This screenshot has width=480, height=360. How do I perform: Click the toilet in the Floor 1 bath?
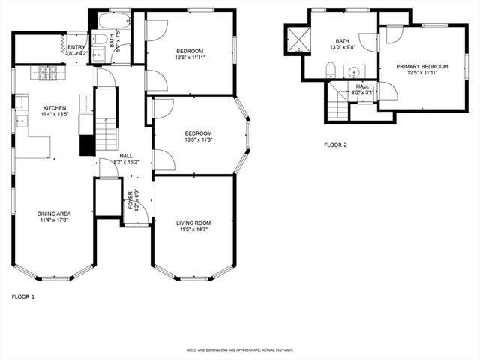click(x=100, y=39)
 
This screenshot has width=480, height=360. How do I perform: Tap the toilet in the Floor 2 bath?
click(x=330, y=71)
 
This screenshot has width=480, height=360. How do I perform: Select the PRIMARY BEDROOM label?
click(x=422, y=66)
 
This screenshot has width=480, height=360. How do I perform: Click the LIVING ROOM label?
click(x=193, y=223)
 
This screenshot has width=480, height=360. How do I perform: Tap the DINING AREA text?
click(x=53, y=214)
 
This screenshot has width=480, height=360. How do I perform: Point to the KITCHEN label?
click(x=53, y=107)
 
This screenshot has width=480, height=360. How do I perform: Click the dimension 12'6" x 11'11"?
click(x=190, y=57)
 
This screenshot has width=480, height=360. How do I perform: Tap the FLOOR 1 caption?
click(x=23, y=296)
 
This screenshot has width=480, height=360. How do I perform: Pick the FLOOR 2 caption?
click(x=335, y=145)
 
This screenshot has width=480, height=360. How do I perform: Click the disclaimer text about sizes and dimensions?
click(x=240, y=349)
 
